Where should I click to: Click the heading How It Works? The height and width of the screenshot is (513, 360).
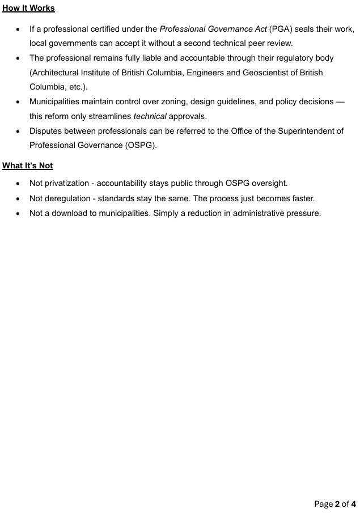click(28, 9)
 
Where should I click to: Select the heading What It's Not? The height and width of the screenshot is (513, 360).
click(28, 166)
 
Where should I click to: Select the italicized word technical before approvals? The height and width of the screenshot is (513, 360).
click(149, 116)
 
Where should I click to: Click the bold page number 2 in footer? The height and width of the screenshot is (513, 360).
click(337, 503)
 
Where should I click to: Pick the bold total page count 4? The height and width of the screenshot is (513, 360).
click(353, 503)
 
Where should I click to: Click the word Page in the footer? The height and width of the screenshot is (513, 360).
click(323, 503)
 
